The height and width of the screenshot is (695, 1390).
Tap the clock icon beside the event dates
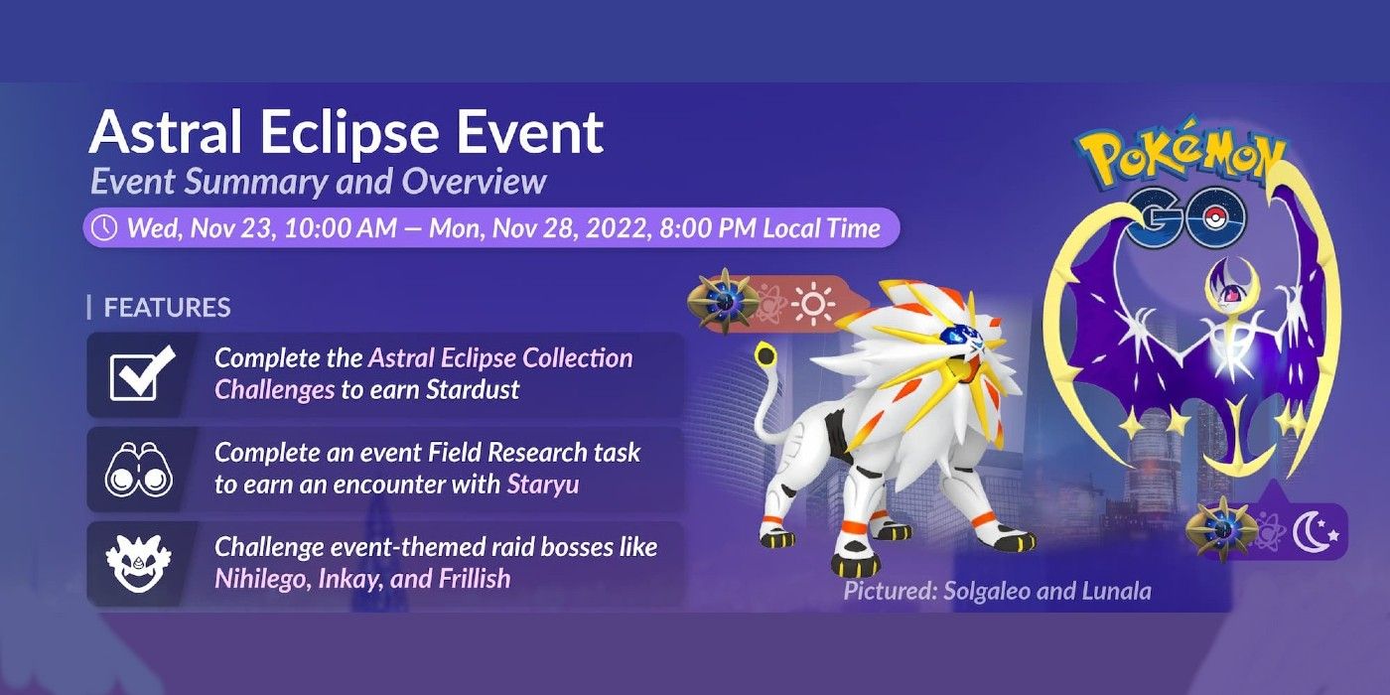click(x=104, y=227)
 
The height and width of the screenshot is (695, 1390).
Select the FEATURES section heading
click(x=167, y=307)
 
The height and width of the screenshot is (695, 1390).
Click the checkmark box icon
click(x=141, y=373)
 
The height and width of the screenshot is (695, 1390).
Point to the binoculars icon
click(x=139, y=470)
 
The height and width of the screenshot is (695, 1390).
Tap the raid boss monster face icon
click(x=137, y=564)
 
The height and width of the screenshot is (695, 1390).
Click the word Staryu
click(x=543, y=485)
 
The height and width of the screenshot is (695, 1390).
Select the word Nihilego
click(x=261, y=579)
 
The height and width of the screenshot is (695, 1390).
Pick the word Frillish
click(x=475, y=578)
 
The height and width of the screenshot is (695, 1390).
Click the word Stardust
click(x=473, y=389)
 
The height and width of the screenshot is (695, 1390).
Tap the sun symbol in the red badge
click(x=812, y=304)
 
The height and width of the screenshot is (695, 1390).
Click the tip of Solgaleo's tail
click(x=766, y=355)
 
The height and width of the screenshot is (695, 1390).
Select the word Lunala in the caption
click(x=1116, y=591)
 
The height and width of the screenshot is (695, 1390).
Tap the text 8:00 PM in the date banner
click(x=707, y=228)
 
